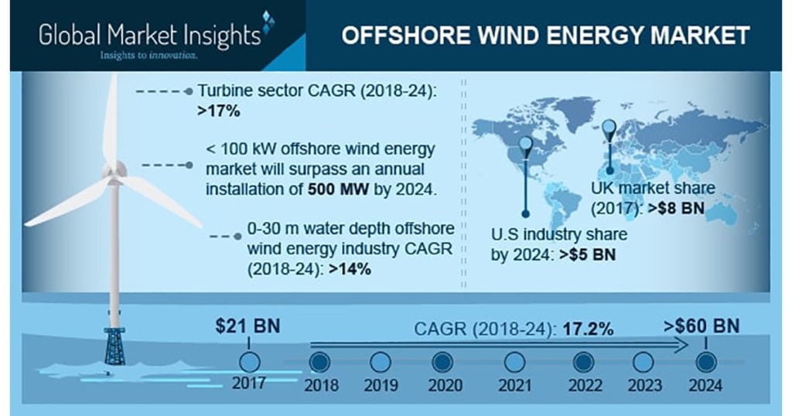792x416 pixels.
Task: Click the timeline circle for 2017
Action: pos(249,363)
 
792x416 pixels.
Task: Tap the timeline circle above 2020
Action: pos(443,363)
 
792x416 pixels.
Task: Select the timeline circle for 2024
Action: pos(705,363)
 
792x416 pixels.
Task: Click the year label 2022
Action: pos(585,386)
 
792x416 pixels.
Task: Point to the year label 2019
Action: pos(381,386)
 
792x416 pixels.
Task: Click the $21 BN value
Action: pos(247,326)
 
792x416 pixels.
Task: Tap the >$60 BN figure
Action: pos(702,326)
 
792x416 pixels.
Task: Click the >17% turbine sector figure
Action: pos(219,111)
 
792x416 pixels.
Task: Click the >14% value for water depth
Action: pos(350,269)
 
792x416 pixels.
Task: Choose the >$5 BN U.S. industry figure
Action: pos(588,254)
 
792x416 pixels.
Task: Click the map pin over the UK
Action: pos(609,130)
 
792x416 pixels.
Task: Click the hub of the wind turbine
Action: pos(114,171)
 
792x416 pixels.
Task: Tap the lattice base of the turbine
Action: pos(114,346)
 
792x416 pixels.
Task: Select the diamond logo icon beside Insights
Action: pos(268,22)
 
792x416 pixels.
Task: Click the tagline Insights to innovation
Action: pos(148,55)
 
